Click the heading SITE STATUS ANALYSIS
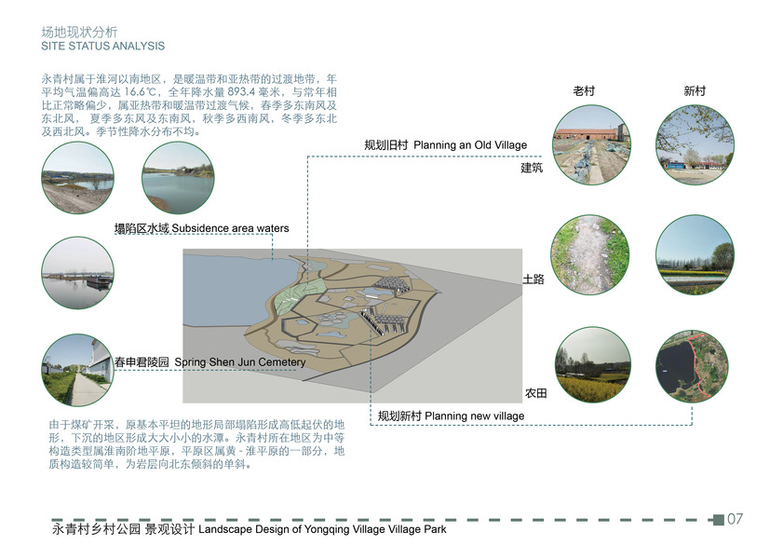pos(103,46)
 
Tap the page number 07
pos(735,519)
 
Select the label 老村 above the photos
pos(584,91)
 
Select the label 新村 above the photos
pos(695,91)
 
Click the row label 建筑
pos(532,169)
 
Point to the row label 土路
pos(533,279)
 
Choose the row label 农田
pos(533,394)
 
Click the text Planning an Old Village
pos(470,145)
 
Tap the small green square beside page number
pos(717,519)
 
